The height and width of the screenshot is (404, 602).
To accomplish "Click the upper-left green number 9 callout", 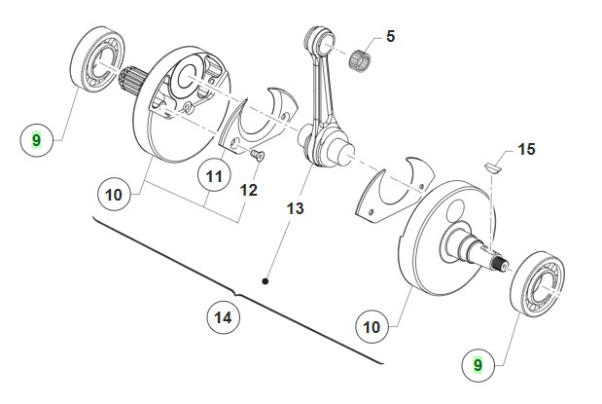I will coord(36,141).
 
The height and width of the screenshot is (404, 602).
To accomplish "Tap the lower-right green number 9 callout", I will coord(478,366).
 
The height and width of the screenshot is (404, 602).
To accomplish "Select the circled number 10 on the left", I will coord(114,195).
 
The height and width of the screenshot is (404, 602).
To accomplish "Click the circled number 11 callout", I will coord(213,176).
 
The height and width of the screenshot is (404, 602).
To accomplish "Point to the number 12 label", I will coord(248,189).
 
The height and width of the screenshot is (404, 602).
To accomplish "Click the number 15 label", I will coord(526,150).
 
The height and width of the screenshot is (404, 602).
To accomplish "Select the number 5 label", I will coord(390,37).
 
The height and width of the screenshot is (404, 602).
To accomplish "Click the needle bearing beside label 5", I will coord(366,55).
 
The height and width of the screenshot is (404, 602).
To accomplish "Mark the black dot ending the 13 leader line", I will coord(265,280).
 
